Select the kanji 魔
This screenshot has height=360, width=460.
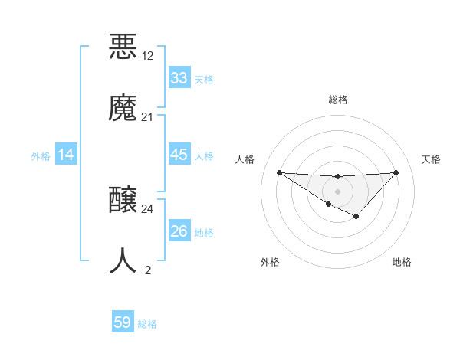[123, 107]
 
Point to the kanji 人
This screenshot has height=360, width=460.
[123, 260]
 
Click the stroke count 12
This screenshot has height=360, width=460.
[148, 56]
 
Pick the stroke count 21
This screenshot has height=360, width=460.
[148, 117]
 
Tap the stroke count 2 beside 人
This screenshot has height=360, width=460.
[148, 270]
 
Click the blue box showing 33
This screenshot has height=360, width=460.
[179, 77]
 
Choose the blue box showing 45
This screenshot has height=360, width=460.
[179, 154]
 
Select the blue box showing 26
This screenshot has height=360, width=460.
[179, 231]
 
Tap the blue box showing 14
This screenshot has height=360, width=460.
[66, 155]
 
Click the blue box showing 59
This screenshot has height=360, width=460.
[122, 322]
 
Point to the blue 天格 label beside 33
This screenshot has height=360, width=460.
[204, 79]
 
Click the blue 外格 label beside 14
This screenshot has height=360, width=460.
[41, 155]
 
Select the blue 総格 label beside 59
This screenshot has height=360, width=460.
[147, 324]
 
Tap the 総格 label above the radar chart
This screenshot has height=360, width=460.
[337, 100]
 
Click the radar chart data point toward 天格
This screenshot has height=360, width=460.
[396, 172]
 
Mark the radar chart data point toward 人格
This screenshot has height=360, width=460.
[279, 172]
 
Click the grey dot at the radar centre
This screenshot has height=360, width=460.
[337, 191]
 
